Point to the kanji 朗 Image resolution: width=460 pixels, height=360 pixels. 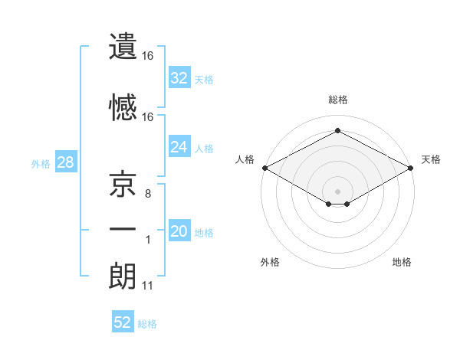coord(123,275)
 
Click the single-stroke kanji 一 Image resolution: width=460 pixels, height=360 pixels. coord(123,230)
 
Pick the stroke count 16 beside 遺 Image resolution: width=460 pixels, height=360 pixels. coord(148,56)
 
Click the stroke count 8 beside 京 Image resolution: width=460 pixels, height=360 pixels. coord(148,194)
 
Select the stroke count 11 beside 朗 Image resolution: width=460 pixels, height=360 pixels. coord(148,286)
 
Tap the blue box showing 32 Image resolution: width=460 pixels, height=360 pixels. coord(179,77)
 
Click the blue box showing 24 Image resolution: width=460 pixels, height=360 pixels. coord(179,147)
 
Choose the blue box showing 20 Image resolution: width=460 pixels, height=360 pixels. coord(179,232)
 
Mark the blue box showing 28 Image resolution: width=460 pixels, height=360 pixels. coord(65,162)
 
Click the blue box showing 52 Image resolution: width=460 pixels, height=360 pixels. coord(123,322)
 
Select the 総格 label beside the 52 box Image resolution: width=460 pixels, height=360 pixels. coord(147,324)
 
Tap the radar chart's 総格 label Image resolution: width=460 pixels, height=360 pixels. coord(337,100)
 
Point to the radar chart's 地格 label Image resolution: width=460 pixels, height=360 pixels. coord(402,262)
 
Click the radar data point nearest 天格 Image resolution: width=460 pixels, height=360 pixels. coord(411,168)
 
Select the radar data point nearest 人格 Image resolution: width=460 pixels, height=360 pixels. coord(264,168)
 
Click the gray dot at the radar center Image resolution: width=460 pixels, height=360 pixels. coord(337,190)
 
